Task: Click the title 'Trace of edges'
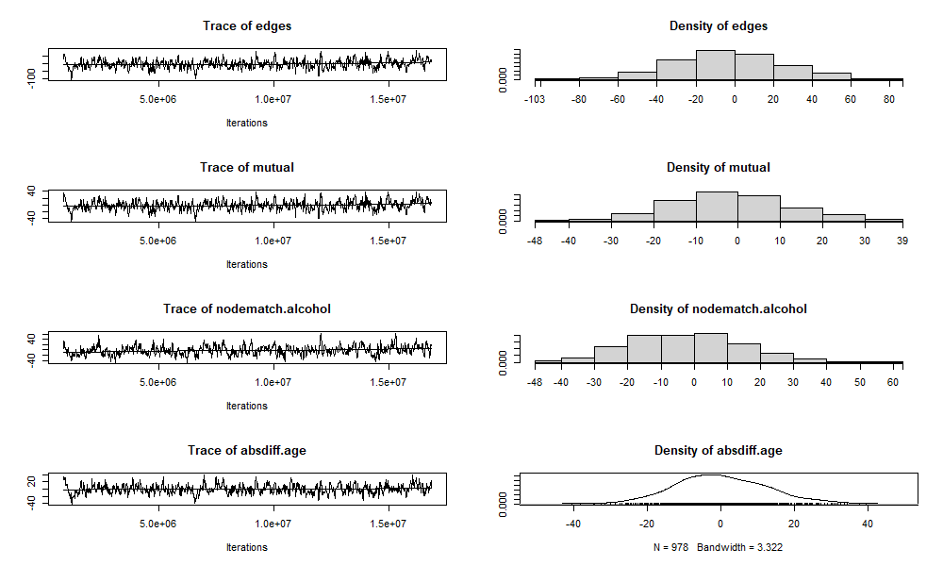(247, 25)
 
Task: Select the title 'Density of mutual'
(718, 167)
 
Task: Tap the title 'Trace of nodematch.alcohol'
(247, 308)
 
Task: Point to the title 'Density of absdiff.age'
(718, 450)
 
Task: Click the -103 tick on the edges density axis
(535, 98)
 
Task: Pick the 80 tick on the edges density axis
(889, 98)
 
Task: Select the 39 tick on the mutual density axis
(902, 240)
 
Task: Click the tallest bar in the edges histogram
(715, 65)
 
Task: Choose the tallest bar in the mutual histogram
(716, 207)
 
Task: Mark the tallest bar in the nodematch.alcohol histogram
(710, 348)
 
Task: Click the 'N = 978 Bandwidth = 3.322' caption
(718, 547)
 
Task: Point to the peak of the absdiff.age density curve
(712, 475)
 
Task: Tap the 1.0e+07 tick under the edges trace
(273, 99)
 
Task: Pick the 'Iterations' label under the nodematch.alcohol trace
(247, 406)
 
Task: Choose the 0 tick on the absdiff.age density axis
(720, 524)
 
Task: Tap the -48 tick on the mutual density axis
(535, 240)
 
